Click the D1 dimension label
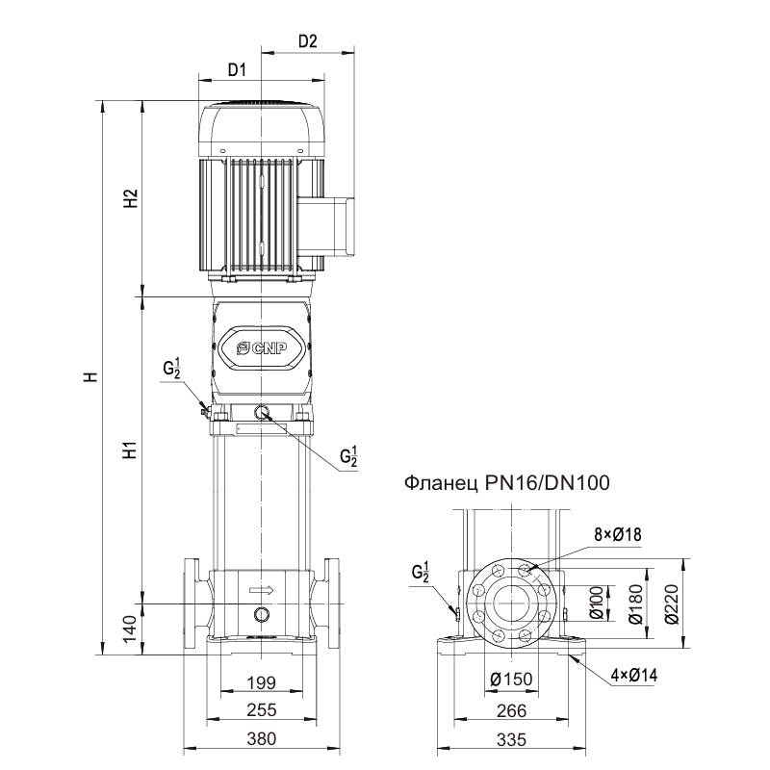click(x=237, y=70)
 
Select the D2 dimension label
click(x=308, y=41)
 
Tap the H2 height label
click(x=133, y=199)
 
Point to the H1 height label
click(x=133, y=449)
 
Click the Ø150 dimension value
click(x=510, y=680)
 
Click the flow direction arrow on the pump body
click(x=262, y=590)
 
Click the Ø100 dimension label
click(x=597, y=604)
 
